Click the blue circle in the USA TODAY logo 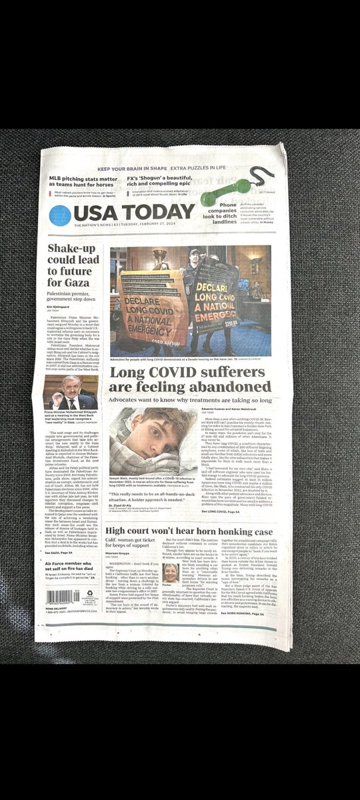pyautogui.click(x=60, y=215)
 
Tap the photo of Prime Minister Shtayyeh pyautogui.click(x=70, y=393)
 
